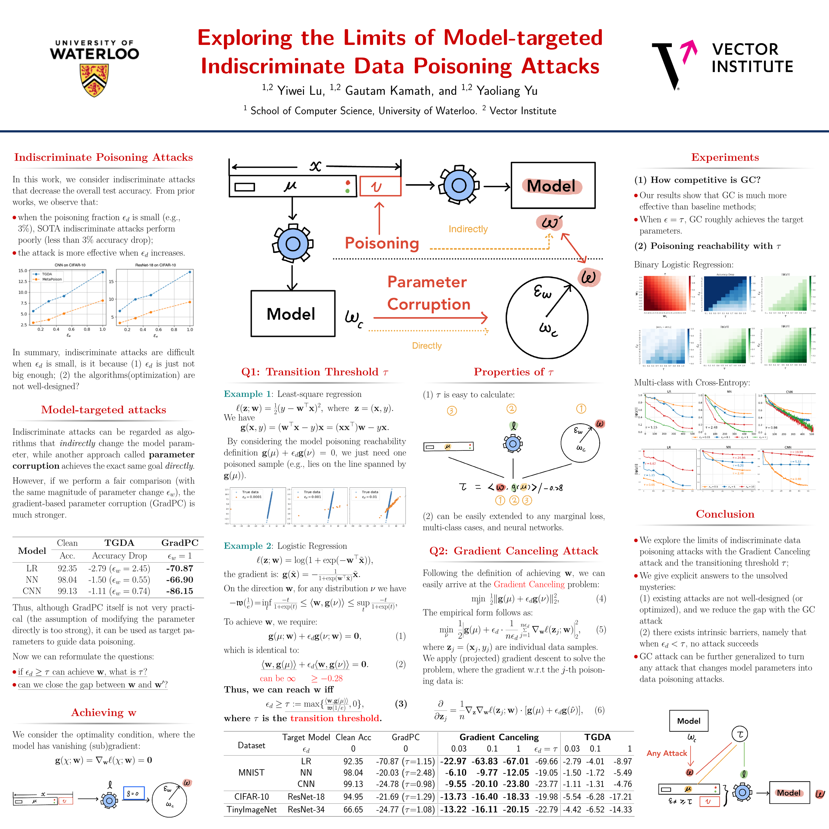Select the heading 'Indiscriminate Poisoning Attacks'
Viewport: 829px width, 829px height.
103,157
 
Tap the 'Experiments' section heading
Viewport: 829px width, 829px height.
725,157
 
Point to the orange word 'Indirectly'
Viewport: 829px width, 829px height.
468,229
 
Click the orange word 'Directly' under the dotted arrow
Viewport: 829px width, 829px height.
427,346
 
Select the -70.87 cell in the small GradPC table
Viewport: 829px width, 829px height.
179,568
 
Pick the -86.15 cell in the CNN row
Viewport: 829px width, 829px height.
179,591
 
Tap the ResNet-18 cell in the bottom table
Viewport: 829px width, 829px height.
306,797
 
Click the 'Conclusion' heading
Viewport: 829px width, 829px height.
725,514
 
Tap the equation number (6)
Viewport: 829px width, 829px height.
599,710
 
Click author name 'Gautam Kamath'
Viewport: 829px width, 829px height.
388,91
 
